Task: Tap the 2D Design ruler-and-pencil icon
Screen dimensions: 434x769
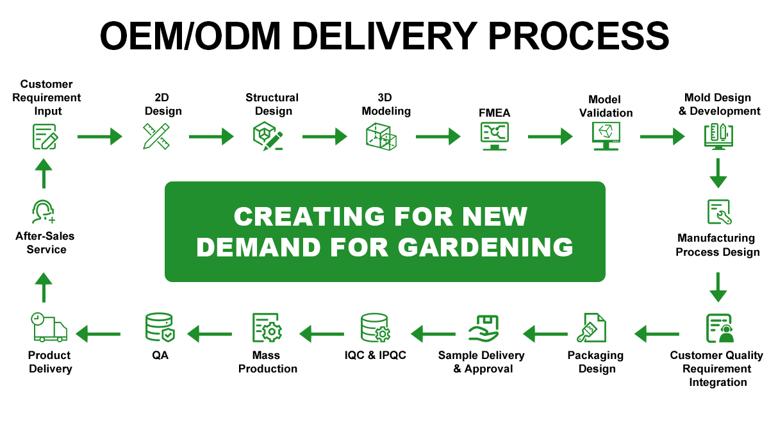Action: pos(156,136)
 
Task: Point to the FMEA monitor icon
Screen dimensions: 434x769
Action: pos(494,136)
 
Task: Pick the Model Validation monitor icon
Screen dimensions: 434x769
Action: pos(606,136)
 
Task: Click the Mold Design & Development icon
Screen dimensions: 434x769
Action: pos(718,136)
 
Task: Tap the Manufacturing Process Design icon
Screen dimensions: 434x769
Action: pos(718,212)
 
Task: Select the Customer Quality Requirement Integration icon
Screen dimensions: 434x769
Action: pos(719,328)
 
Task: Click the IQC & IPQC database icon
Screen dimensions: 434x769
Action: pos(375,328)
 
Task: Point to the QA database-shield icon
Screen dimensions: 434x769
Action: pos(160,328)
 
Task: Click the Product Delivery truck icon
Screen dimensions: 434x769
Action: pos(49,328)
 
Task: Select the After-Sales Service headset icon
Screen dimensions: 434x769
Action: pos(44,212)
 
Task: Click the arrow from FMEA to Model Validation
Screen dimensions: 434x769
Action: pos(550,136)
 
